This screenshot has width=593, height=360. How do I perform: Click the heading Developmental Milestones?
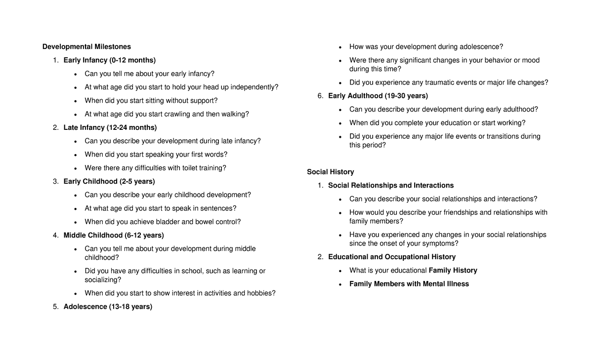pos(86,47)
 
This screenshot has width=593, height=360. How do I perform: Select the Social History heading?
pos(330,172)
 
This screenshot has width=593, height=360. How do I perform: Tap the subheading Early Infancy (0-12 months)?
pos(109,60)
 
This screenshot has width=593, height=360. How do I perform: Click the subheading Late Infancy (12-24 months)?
pos(110,127)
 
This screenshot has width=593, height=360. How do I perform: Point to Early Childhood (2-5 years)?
pos(109,181)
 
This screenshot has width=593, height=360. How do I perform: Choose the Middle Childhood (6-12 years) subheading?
pos(114,235)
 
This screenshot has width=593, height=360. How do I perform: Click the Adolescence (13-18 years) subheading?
pos(108,307)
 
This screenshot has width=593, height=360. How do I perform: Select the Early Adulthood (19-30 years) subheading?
pos(378,96)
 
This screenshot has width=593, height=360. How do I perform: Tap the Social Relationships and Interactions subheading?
pos(390,186)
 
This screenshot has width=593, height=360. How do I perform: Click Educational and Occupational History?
pos(391,257)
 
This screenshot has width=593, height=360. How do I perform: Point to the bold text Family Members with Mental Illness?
pos(409,284)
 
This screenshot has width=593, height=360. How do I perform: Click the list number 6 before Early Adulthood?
pos(320,96)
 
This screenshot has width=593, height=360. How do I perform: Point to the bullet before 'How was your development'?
pos(340,47)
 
